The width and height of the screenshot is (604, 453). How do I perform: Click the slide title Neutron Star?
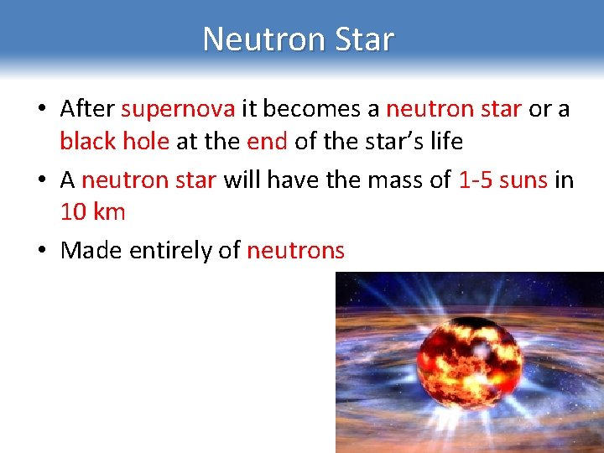point(298,39)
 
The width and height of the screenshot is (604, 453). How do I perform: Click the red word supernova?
point(178,109)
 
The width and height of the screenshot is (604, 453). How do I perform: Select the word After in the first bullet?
point(88,109)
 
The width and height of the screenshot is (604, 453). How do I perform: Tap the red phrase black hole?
point(114,142)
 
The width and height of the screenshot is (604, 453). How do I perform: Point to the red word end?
point(267,142)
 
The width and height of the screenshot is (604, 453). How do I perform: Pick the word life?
point(445,142)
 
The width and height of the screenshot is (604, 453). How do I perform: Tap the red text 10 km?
point(92,212)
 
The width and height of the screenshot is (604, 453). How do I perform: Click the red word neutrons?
point(295,250)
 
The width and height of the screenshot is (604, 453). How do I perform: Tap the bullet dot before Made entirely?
point(41,251)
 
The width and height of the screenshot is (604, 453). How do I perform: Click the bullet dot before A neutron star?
point(41,180)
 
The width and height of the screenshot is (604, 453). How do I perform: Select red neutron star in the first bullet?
point(453,109)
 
